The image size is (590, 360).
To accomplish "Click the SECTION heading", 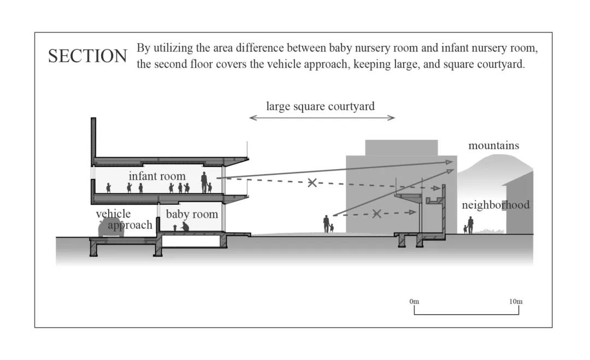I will coord(87,56).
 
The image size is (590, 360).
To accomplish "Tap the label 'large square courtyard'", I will coord(320,106).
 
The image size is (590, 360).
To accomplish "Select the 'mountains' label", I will coord(493,145).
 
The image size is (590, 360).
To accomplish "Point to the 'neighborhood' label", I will coord(495,205).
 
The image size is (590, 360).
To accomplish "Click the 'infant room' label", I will coord(157,176).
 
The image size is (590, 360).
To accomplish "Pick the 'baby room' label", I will coord(192,214).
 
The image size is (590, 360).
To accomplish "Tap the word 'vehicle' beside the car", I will coord(113,214).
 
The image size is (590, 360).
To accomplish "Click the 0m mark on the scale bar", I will coord(414,302).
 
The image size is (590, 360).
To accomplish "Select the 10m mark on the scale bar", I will coord(516,302).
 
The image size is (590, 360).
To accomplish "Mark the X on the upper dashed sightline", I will coord(312,182).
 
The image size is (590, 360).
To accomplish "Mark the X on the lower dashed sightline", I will coord(376,214).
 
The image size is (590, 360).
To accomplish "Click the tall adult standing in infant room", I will coord(204,182).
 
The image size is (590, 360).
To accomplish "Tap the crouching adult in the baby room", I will coord(185,226).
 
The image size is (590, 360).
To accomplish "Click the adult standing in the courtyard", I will coord(326,223).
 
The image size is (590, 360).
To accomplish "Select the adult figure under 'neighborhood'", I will coord(470,225).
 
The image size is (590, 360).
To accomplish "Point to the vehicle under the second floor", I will coord(111,228).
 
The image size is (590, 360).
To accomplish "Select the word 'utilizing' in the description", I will coord(172,48).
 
